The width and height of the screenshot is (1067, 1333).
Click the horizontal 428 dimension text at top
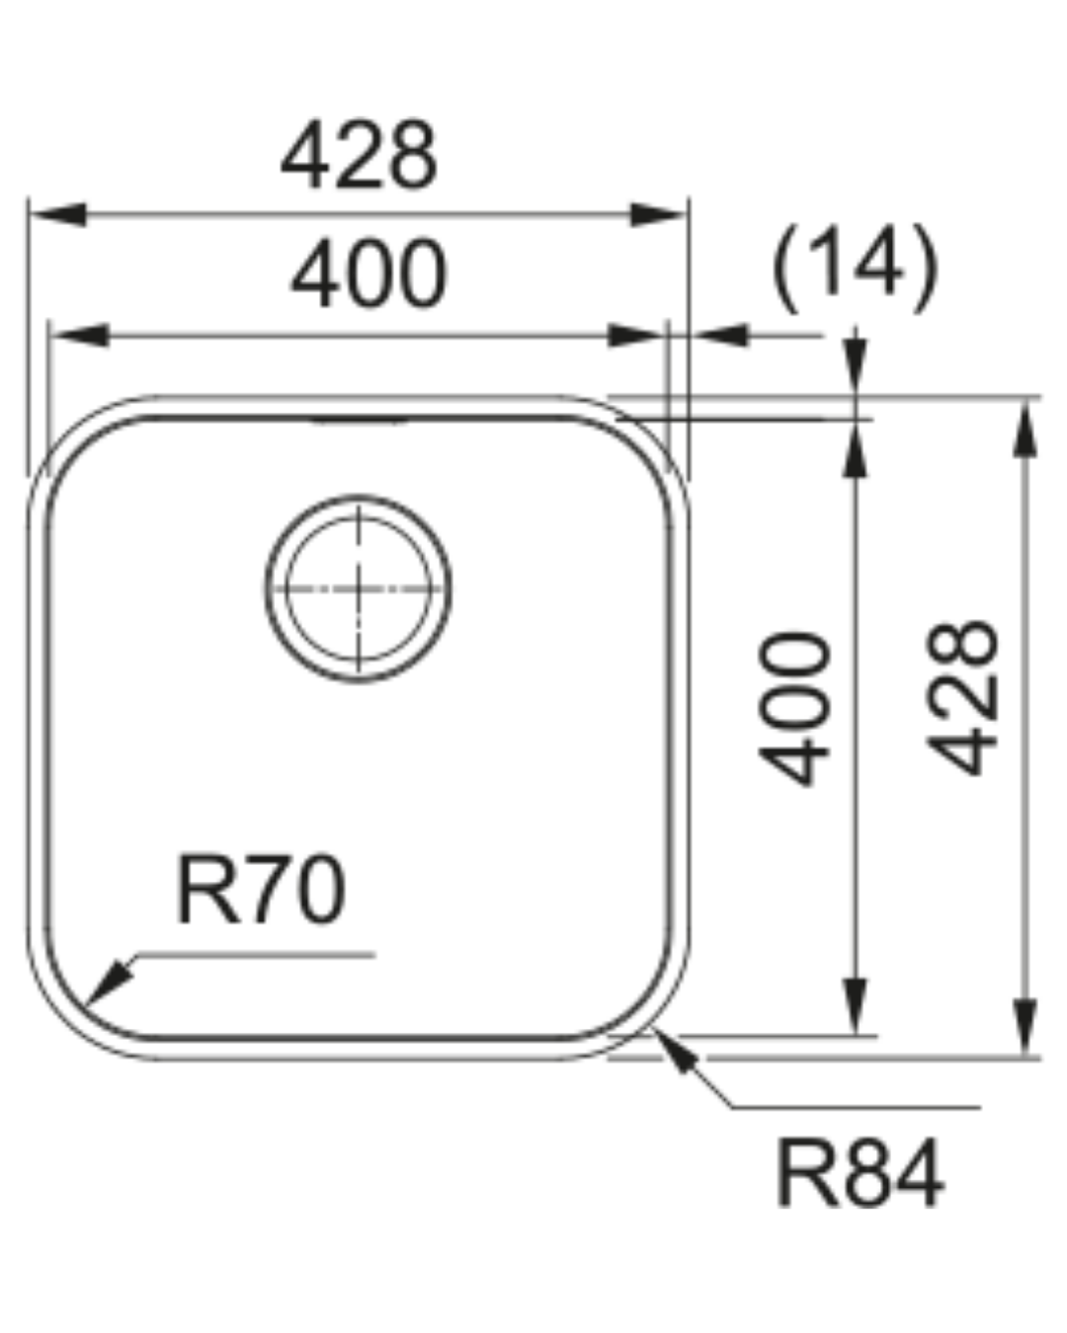coord(358,156)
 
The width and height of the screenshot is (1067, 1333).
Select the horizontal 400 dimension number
coord(369,274)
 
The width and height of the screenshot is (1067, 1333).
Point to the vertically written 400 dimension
coord(794,708)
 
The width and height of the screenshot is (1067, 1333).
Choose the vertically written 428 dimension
coord(965,696)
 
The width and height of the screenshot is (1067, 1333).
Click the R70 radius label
coord(261,892)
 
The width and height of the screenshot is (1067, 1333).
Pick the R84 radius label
coord(860,1175)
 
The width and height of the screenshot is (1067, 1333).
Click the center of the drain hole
coord(359,588)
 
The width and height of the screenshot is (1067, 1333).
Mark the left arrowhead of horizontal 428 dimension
coord(57,214)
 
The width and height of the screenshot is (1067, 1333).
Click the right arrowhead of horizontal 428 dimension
coord(658,214)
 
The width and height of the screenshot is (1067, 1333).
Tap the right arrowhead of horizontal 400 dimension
coord(638,336)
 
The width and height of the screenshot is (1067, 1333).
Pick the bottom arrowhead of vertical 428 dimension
coord(1027,1027)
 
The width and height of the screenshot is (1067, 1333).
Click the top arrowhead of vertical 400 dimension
coord(856,450)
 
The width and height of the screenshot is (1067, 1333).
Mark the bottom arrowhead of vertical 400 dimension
coord(856,1007)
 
